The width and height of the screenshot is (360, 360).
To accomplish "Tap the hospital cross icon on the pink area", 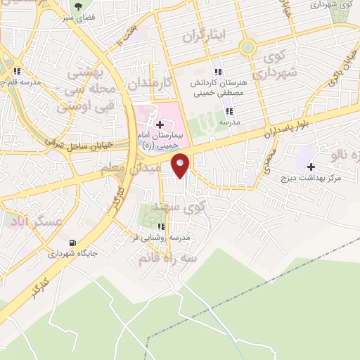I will click(x=160, y=124).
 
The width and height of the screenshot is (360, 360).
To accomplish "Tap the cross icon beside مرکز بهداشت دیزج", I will click(x=311, y=167).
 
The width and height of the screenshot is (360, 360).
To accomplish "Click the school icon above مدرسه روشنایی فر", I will click(x=161, y=227).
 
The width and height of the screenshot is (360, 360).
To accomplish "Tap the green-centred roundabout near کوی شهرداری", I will click(x=247, y=49).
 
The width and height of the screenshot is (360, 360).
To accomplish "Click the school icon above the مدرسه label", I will click(x=229, y=111).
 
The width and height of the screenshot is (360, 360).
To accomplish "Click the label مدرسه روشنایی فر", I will click(x=160, y=239).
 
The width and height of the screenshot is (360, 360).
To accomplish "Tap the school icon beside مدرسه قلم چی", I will click(x=17, y=71).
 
